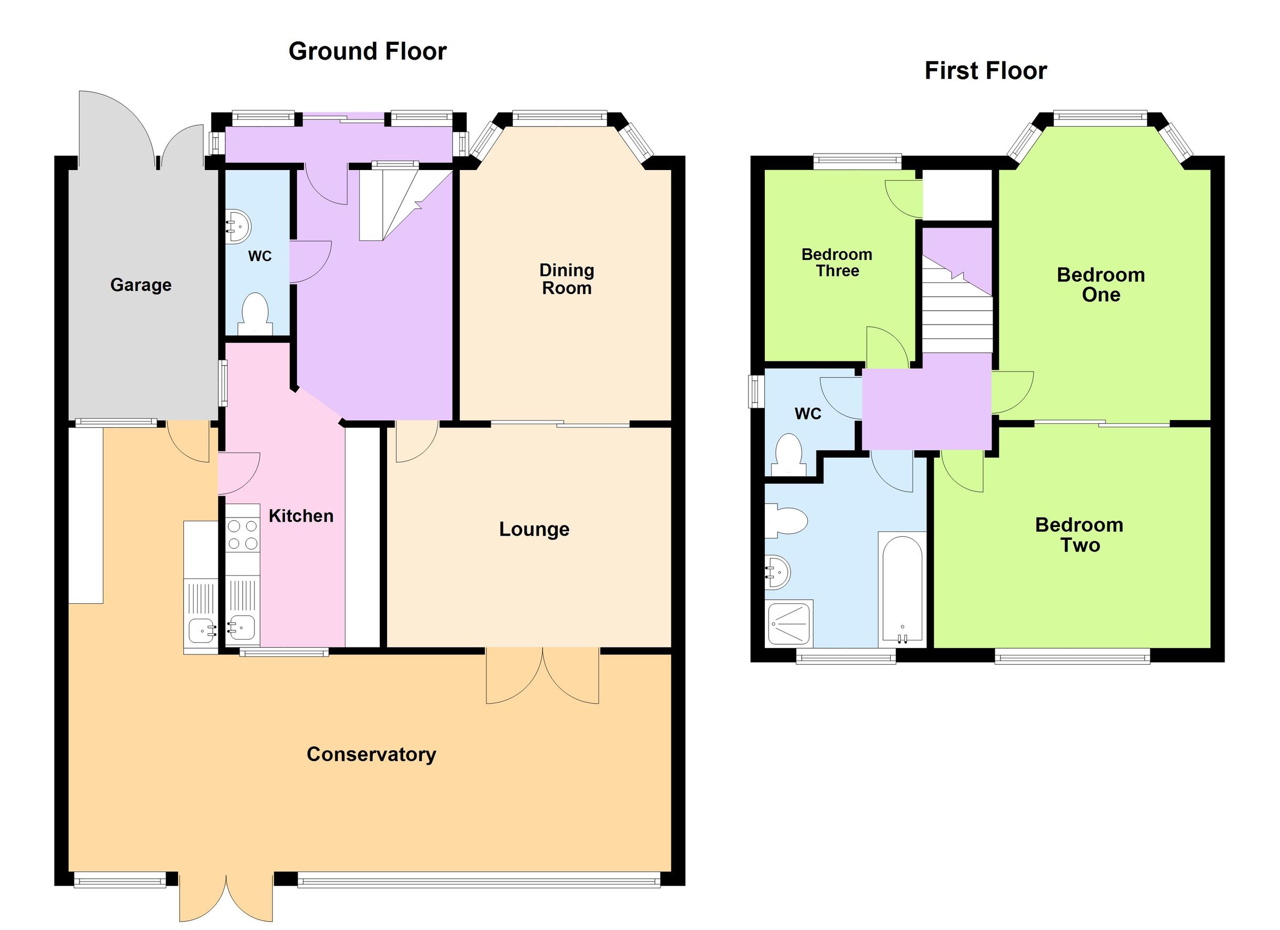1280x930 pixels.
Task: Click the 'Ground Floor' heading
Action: (367, 51)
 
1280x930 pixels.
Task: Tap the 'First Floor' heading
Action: (986, 71)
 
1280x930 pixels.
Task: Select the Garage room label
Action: (140, 285)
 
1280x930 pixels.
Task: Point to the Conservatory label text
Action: (371, 754)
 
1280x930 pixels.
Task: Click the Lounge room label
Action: (534, 529)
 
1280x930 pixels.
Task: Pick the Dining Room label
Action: (566, 279)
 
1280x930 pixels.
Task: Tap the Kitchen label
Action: (301, 515)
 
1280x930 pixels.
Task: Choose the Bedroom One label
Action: (1100, 285)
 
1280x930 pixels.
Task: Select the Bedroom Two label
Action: (1079, 535)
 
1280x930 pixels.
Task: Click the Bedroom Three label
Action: (837, 263)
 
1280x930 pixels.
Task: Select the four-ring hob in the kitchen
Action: (243, 535)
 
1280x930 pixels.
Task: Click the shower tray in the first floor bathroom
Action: (789, 623)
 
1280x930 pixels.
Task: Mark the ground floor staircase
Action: (395, 203)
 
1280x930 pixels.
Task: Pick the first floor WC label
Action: (807, 414)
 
